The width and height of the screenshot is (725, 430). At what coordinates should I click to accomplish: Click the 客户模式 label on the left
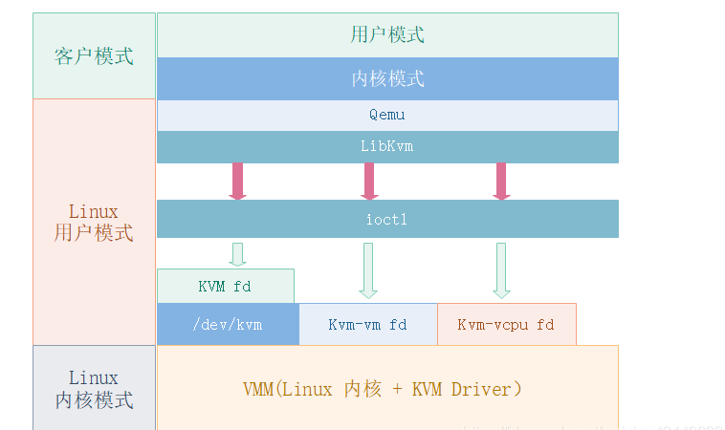[x=94, y=55]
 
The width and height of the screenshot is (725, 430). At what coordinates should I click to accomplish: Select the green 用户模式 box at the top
[x=387, y=35]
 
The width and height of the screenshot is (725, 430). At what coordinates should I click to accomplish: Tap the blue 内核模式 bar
[x=387, y=78]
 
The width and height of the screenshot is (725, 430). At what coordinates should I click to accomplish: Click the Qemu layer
[x=387, y=115]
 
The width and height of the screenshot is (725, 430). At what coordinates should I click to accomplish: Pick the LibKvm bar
[x=387, y=146]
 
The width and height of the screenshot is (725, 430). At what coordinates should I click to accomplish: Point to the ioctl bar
[x=387, y=218]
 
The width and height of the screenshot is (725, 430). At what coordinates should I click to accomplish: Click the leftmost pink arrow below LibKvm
[x=238, y=181]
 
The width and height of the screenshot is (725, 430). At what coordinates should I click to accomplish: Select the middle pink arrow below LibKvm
[x=369, y=181]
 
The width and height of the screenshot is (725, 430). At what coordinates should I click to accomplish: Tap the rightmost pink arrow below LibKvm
[x=500, y=181]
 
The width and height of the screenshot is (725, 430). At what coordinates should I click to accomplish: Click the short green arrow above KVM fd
[x=238, y=253]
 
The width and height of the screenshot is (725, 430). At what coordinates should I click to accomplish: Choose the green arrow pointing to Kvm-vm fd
[x=369, y=269]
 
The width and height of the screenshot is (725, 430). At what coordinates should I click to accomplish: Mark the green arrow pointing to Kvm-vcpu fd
[x=500, y=269]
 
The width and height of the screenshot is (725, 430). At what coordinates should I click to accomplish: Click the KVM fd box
[x=225, y=286]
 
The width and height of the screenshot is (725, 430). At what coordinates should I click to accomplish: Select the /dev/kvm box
[x=228, y=325]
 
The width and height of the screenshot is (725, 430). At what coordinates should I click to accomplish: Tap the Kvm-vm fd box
[x=367, y=325]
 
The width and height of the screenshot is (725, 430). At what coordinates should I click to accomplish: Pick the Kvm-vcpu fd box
[x=506, y=325]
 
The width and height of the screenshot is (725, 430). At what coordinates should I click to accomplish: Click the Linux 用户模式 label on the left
[x=94, y=222]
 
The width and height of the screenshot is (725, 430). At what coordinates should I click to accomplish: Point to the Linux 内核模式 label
[x=94, y=389]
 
